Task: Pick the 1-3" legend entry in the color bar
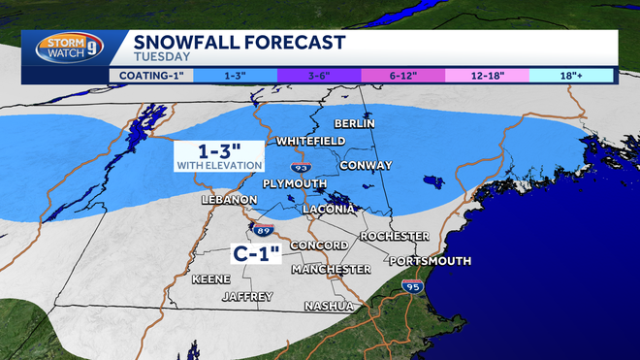233,74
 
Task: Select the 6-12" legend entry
400,74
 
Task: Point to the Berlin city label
354,123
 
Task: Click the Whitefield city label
310,141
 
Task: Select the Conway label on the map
368,165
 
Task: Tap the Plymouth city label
294,183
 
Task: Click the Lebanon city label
229,199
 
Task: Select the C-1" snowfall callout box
257,254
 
